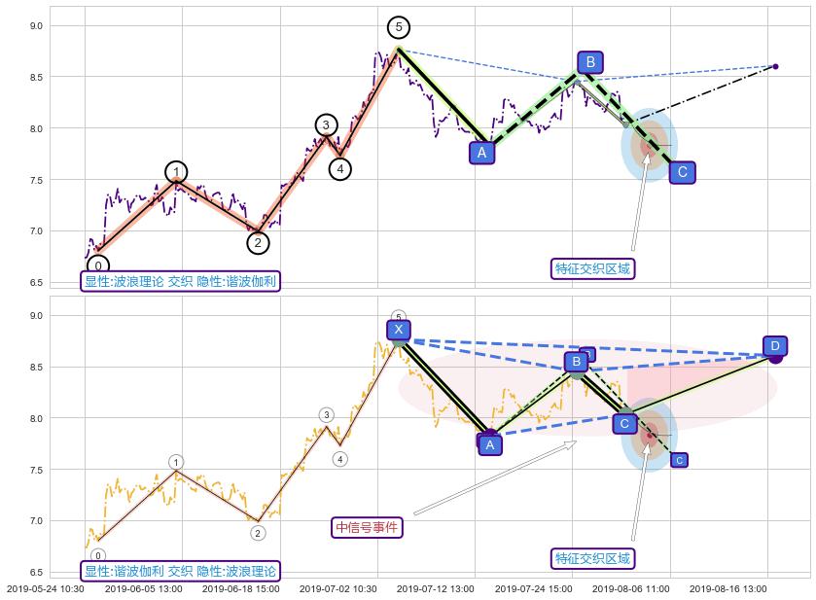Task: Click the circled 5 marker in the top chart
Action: (x=398, y=27)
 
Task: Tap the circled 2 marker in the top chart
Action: (x=257, y=243)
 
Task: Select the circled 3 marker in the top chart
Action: (x=326, y=124)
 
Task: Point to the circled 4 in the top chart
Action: (x=339, y=169)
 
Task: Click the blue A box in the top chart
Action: (x=481, y=152)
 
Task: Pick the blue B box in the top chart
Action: (x=587, y=63)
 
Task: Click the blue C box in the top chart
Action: (x=683, y=172)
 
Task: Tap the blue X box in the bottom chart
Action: (x=399, y=330)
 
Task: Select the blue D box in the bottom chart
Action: (x=774, y=346)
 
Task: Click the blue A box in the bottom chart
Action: (x=490, y=444)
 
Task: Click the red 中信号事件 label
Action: (x=368, y=527)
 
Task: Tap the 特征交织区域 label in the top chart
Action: (x=592, y=268)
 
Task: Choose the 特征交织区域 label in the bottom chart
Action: (x=592, y=558)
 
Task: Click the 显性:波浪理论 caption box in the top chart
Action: (x=181, y=282)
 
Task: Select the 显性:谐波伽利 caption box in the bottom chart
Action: (x=181, y=571)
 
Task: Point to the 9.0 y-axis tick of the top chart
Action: (x=36, y=26)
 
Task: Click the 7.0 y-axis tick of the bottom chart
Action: (x=36, y=521)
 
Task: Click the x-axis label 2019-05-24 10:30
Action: (x=46, y=589)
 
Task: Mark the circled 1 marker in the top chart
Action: (x=176, y=173)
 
